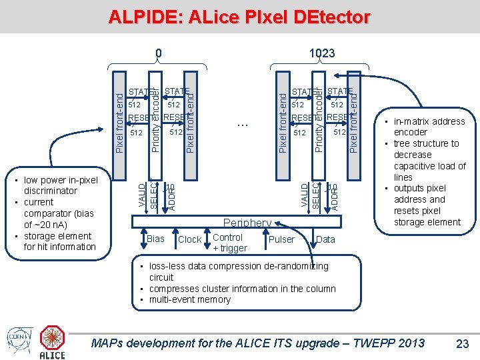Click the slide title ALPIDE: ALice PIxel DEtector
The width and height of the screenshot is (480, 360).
(x=239, y=17)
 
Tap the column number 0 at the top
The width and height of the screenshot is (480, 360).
(x=158, y=53)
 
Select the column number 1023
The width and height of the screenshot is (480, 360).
(x=322, y=53)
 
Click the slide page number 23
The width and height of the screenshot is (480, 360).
(x=461, y=343)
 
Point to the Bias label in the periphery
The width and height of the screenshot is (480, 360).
(x=155, y=239)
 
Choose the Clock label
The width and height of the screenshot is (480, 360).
(x=190, y=239)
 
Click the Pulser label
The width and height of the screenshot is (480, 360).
(x=281, y=239)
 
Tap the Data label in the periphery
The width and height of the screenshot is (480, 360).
(x=325, y=239)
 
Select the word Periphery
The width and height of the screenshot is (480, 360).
(x=247, y=223)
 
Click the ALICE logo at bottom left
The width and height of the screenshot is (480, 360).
(x=53, y=342)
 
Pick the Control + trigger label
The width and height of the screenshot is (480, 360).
(x=229, y=243)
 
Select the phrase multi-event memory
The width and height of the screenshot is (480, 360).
(x=189, y=299)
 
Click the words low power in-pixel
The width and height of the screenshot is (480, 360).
(x=61, y=180)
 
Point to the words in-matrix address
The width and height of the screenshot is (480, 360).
(x=429, y=121)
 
